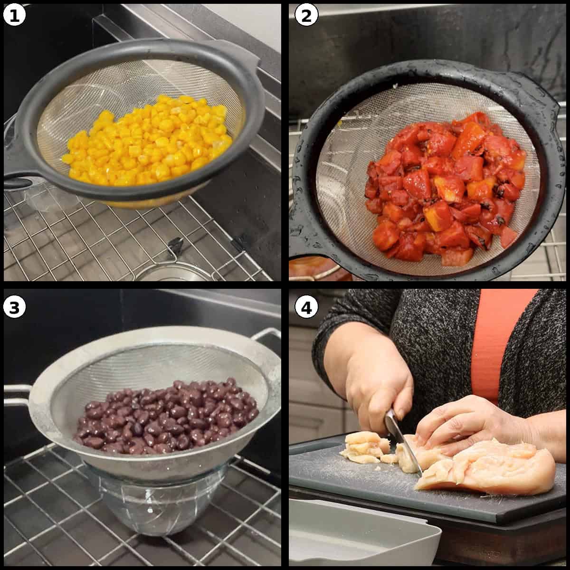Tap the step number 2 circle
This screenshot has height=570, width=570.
pos(306,16)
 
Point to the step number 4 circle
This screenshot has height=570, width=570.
pos(306,307)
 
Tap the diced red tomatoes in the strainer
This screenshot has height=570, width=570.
pos(442,185)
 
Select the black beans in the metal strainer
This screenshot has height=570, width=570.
pos(166,418)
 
